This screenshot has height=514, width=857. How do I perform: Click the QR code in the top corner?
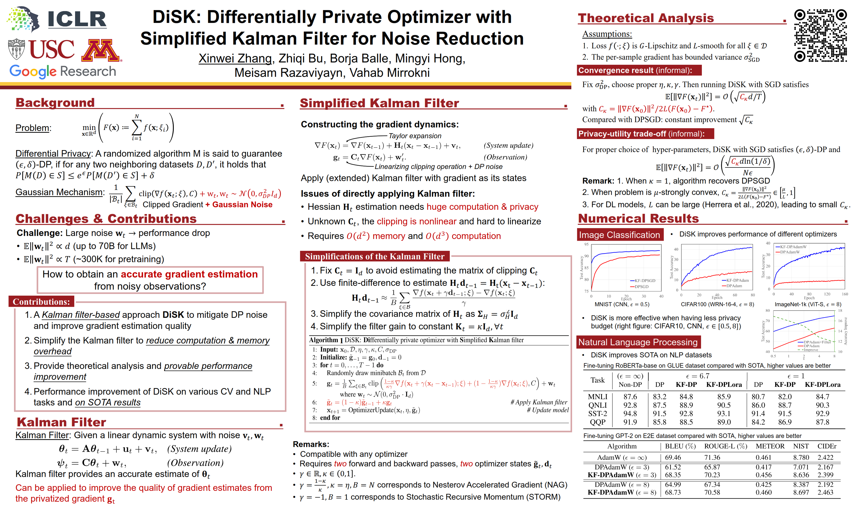pyautogui.click(x=820, y=36)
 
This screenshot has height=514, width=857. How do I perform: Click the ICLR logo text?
pyautogui.click(x=77, y=19)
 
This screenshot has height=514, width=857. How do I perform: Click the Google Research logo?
pyautogui.click(x=63, y=71)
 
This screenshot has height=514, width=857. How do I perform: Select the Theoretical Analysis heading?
pyautogui.click(x=645, y=18)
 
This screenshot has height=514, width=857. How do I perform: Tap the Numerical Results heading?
pyautogui.click(x=638, y=219)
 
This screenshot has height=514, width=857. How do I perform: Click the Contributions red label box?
pyautogui.click(x=41, y=302)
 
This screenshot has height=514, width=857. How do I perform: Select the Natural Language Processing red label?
pyautogui.click(x=638, y=342)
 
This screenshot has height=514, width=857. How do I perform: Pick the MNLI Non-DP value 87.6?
pyautogui.click(x=630, y=397)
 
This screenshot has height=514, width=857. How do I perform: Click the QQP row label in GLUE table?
pyautogui.click(x=598, y=422)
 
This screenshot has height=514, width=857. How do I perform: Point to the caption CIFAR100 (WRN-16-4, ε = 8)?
pyautogui.click(x=717, y=304)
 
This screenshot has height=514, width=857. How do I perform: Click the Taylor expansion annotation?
pyautogui.click(x=415, y=136)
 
